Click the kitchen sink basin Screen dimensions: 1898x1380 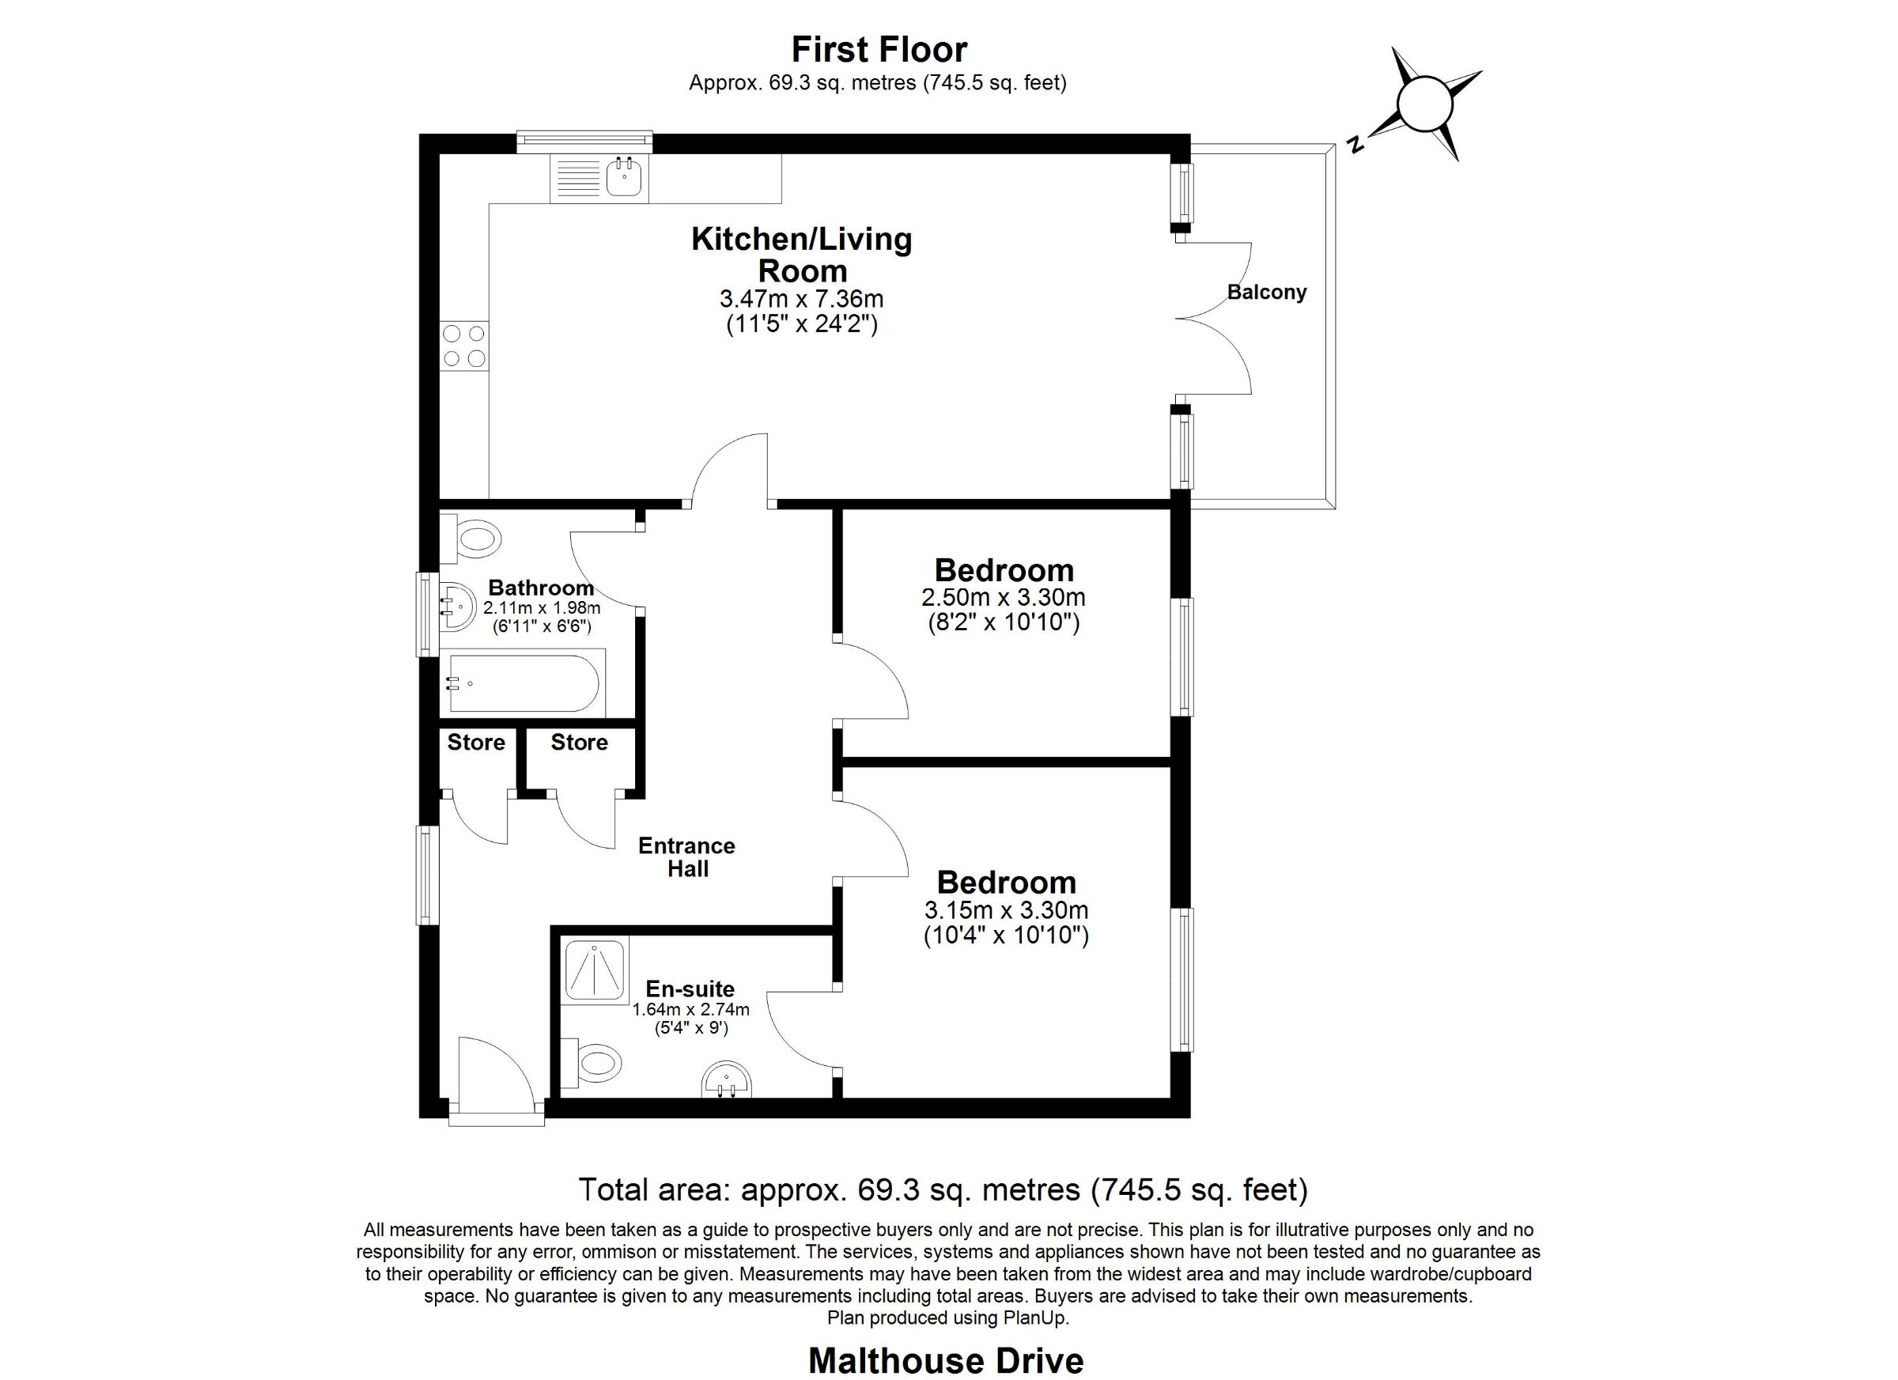[624, 176]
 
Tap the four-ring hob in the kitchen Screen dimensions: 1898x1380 [464, 346]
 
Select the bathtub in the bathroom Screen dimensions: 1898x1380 [523, 684]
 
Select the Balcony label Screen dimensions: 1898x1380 [1266, 292]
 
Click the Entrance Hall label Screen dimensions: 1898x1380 [687, 857]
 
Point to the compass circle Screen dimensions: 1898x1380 [1424, 104]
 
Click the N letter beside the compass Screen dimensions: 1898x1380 [1355, 143]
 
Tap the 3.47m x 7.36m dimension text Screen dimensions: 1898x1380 [801, 299]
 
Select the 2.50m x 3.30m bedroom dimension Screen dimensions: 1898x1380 [1004, 598]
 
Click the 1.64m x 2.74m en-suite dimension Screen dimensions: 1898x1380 [690, 1009]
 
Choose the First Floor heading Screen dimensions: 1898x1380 [879, 49]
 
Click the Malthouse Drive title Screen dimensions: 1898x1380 [946, 1361]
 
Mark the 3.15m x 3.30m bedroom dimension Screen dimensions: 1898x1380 [1006, 909]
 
